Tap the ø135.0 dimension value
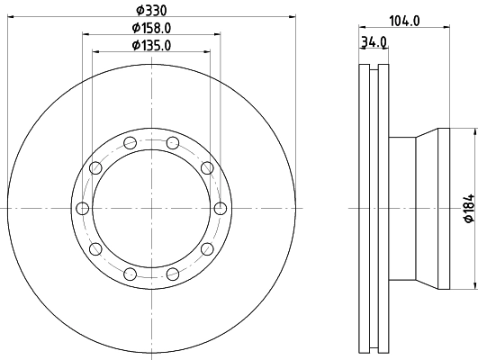[150, 45]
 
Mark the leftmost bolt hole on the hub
[83, 209]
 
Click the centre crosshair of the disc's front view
[151, 209]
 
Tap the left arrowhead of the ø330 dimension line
[11, 17]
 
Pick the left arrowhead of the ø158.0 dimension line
[87, 35]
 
